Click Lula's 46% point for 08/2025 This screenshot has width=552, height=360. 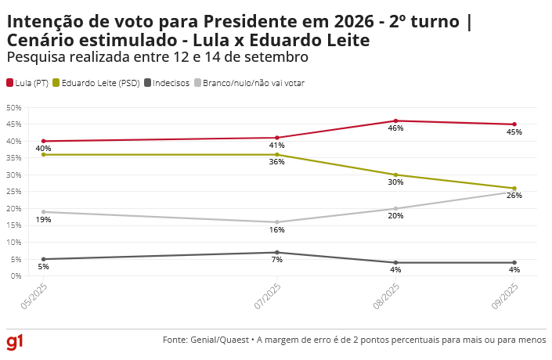[x=395, y=121]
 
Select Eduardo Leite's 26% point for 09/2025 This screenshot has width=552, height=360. [x=514, y=189]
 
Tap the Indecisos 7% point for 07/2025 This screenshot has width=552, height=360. [x=277, y=252]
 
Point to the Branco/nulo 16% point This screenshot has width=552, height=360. [x=277, y=222]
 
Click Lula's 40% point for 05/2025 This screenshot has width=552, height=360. [x=43, y=141]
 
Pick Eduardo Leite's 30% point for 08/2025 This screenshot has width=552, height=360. [x=395, y=175]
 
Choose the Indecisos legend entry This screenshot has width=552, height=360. [x=167, y=83]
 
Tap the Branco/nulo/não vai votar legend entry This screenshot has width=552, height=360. [x=250, y=83]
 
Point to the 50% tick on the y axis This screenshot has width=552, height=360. [x=13, y=107]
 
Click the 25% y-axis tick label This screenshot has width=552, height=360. [x=13, y=192]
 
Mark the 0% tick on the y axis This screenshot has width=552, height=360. [x=16, y=276]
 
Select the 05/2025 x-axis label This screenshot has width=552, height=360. [x=35, y=297]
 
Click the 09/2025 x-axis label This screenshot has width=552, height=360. [x=507, y=297]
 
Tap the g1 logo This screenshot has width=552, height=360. [x=15, y=342]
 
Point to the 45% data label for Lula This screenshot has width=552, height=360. [x=514, y=132]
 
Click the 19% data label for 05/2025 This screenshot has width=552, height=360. [x=43, y=220]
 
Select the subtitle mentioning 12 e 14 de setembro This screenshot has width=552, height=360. [x=157, y=57]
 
